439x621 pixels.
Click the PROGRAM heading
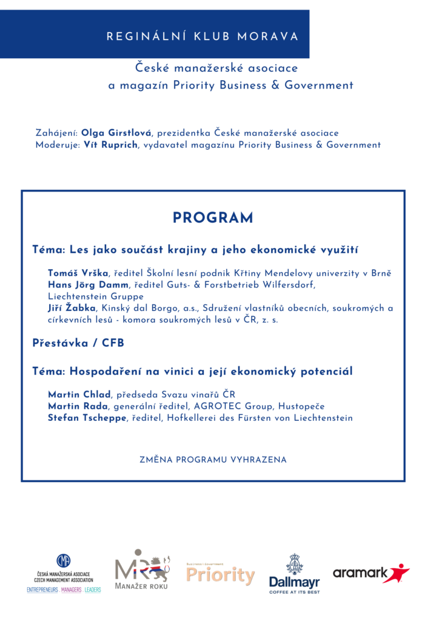[213, 218]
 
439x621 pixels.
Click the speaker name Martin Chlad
[79, 395]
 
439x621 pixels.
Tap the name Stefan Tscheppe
[87, 418]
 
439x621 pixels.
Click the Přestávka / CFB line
[78, 343]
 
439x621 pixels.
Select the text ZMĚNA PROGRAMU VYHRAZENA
[213, 460]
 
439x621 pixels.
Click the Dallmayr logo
[295, 573]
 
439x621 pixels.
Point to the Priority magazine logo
[220, 574]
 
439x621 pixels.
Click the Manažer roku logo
[142, 570]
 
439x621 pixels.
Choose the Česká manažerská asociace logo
[64, 573]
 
